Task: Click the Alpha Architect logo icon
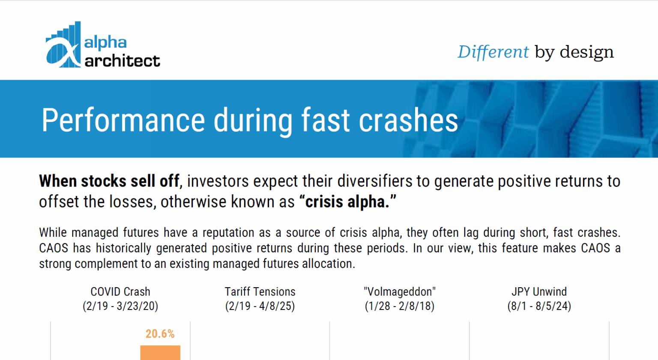[63, 45]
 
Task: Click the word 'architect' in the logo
[122, 61]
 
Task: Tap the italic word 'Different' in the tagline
[493, 52]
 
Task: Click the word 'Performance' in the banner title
[123, 120]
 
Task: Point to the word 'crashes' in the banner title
[408, 120]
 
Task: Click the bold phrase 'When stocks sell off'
[109, 181]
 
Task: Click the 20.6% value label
[160, 334]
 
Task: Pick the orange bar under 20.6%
[160, 353]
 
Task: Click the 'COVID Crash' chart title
[120, 292]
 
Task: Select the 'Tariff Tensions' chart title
[260, 292]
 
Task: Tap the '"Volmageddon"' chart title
[400, 292]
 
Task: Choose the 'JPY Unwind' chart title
[539, 292]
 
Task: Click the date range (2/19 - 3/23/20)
[120, 306]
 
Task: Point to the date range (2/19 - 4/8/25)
[260, 306]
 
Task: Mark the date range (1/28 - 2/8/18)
[400, 306]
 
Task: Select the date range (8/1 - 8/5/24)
[539, 306]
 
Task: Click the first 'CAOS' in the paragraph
[54, 248]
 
